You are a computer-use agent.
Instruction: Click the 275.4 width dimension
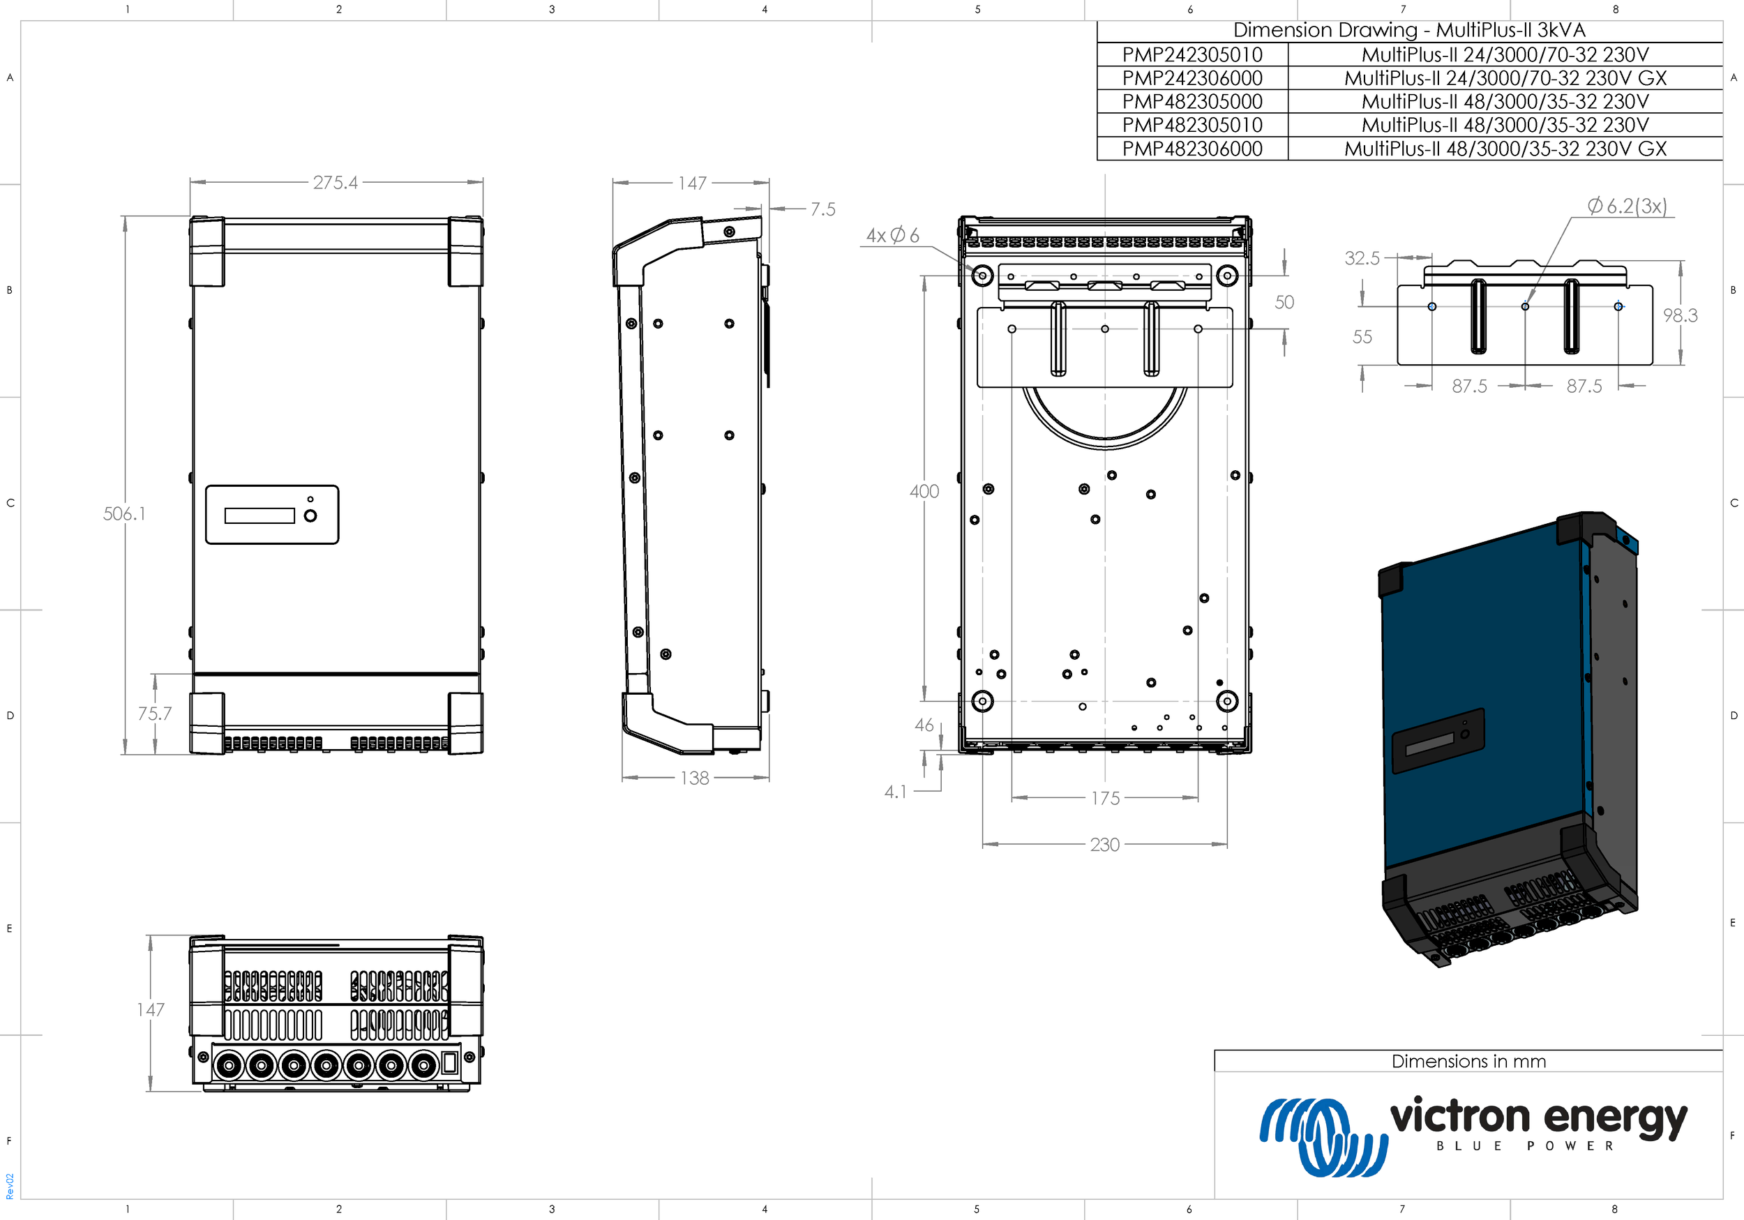click(x=335, y=182)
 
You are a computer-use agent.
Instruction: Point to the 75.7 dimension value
click(x=154, y=714)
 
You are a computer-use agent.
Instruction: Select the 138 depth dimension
click(x=694, y=778)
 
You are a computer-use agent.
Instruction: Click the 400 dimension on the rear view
click(x=924, y=492)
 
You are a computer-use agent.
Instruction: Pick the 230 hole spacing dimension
click(x=1104, y=844)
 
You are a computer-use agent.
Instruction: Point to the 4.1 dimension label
click(x=896, y=792)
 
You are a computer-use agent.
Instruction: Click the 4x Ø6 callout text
click(x=892, y=236)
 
